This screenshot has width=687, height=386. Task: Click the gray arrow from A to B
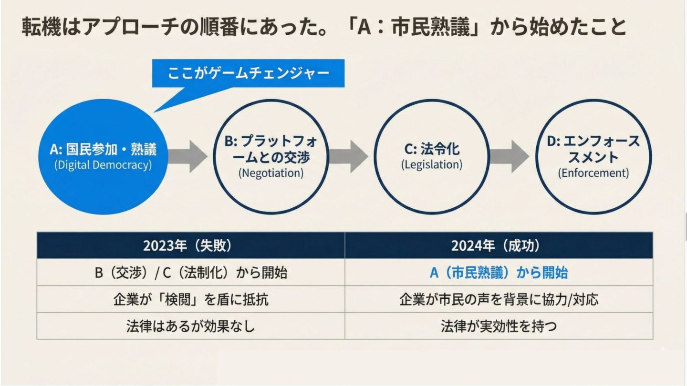187,157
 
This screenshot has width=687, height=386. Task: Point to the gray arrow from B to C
348,157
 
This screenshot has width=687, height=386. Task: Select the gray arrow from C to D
509,157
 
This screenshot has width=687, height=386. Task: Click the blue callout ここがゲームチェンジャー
248,73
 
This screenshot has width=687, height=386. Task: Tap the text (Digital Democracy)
103,165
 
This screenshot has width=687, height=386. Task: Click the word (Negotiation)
271,173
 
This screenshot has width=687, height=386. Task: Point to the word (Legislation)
431,165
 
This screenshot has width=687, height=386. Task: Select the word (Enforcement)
593,173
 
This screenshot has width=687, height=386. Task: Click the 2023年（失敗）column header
191,245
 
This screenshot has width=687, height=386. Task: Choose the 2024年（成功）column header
499,245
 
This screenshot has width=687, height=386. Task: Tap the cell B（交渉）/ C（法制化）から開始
191,273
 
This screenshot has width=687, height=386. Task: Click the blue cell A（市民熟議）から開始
499,273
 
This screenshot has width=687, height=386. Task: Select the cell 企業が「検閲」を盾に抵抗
191,299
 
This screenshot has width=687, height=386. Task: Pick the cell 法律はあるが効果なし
191,326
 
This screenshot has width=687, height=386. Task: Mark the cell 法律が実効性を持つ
499,326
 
